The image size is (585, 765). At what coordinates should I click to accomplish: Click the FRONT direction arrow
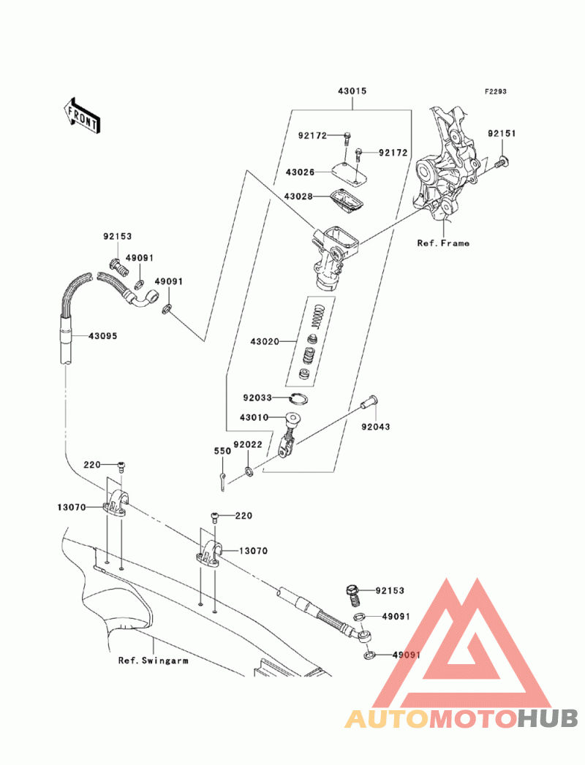82,116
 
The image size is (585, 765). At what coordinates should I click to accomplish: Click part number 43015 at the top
352,91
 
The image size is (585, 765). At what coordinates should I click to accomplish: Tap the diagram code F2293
496,91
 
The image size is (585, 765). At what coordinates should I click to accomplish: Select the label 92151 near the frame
502,133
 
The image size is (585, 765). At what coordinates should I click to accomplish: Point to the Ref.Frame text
443,243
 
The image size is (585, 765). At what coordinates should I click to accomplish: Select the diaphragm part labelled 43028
347,201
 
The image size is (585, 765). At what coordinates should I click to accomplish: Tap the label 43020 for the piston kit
265,341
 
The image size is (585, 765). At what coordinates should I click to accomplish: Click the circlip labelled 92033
298,399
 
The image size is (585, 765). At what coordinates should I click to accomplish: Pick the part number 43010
254,418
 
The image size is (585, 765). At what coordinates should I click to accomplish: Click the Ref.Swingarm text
153,661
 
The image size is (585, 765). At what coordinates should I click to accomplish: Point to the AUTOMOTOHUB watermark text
461,718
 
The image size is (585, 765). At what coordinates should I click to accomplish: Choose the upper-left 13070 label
71,507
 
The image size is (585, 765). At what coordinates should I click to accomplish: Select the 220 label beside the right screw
244,516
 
